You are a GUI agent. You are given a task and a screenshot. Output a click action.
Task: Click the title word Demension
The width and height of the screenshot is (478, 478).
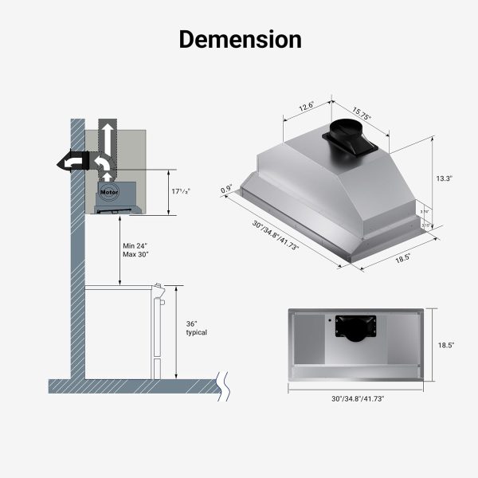coord(239,39)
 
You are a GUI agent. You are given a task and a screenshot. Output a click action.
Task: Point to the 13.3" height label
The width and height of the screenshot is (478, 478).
coord(444,179)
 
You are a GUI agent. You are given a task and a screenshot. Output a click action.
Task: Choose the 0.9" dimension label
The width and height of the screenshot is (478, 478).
coord(226,190)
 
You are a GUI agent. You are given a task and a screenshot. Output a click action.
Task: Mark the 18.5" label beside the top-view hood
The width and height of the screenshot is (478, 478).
coord(445,345)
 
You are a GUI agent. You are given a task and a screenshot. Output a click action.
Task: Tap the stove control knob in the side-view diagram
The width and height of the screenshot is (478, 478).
coord(162,304)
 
